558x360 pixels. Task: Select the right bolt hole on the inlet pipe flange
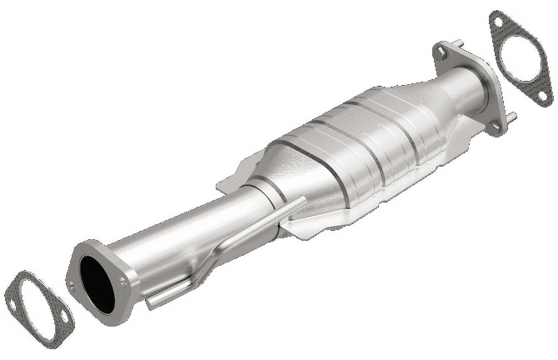[x=123, y=283]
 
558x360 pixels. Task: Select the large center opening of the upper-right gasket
[x=520, y=58]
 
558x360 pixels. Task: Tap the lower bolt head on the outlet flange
[x=496, y=125]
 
